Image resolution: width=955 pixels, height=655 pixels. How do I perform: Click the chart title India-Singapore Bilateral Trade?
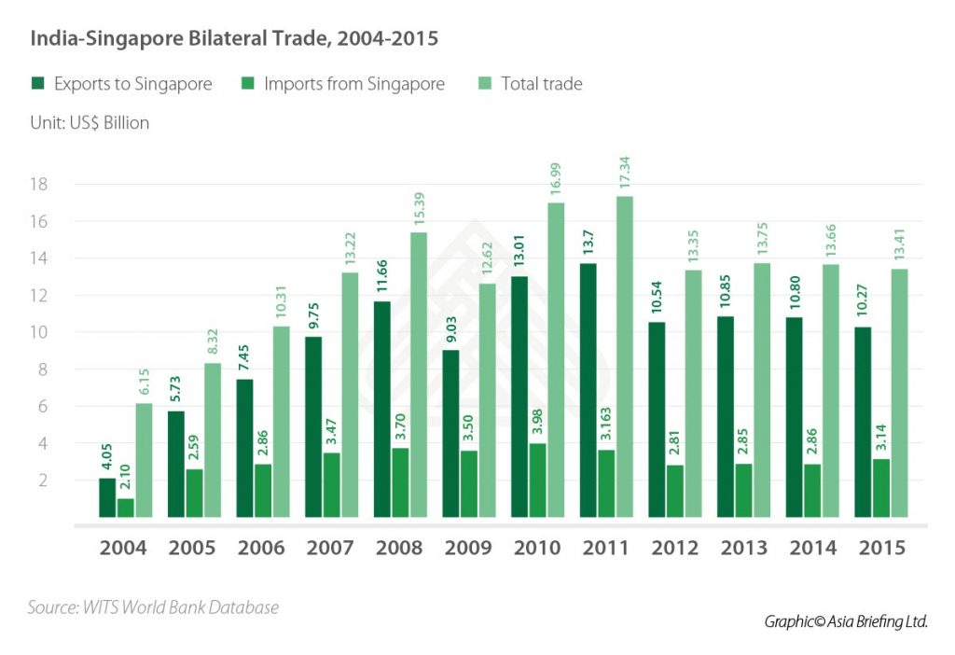(234, 39)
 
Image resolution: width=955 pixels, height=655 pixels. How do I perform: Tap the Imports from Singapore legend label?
(354, 84)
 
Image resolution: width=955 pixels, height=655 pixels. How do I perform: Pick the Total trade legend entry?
(541, 84)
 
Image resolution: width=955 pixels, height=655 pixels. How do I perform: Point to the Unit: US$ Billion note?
(90, 122)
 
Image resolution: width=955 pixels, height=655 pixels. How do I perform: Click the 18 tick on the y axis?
(38, 184)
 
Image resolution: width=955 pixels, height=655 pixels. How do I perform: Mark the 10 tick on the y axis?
(38, 332)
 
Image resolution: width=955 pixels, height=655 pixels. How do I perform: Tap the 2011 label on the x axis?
(607, 548)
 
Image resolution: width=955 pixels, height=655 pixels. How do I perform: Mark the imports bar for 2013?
(743, 490)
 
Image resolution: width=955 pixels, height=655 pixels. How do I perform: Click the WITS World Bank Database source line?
(153, 607)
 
